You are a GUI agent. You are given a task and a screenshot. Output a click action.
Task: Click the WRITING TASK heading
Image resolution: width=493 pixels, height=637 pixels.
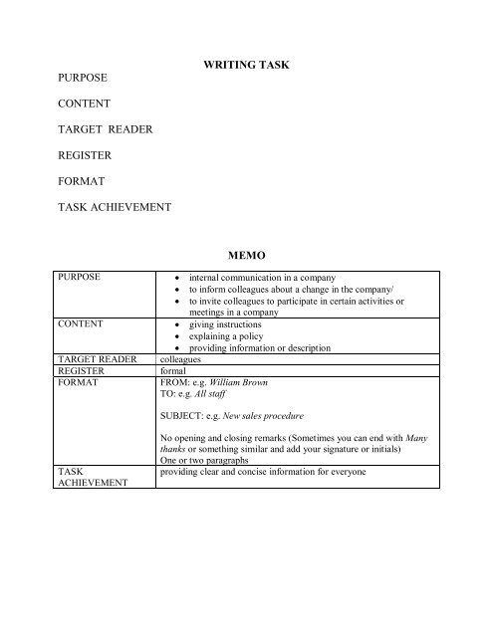pos(247,65)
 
